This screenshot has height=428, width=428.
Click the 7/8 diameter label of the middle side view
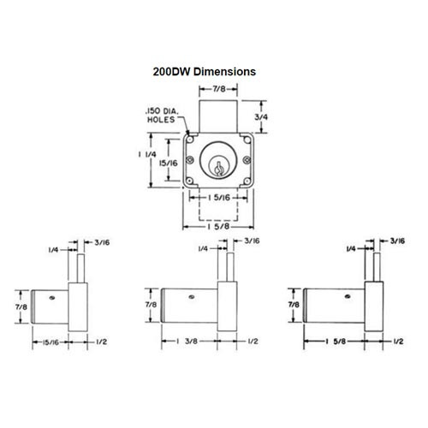pos(150,305)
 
